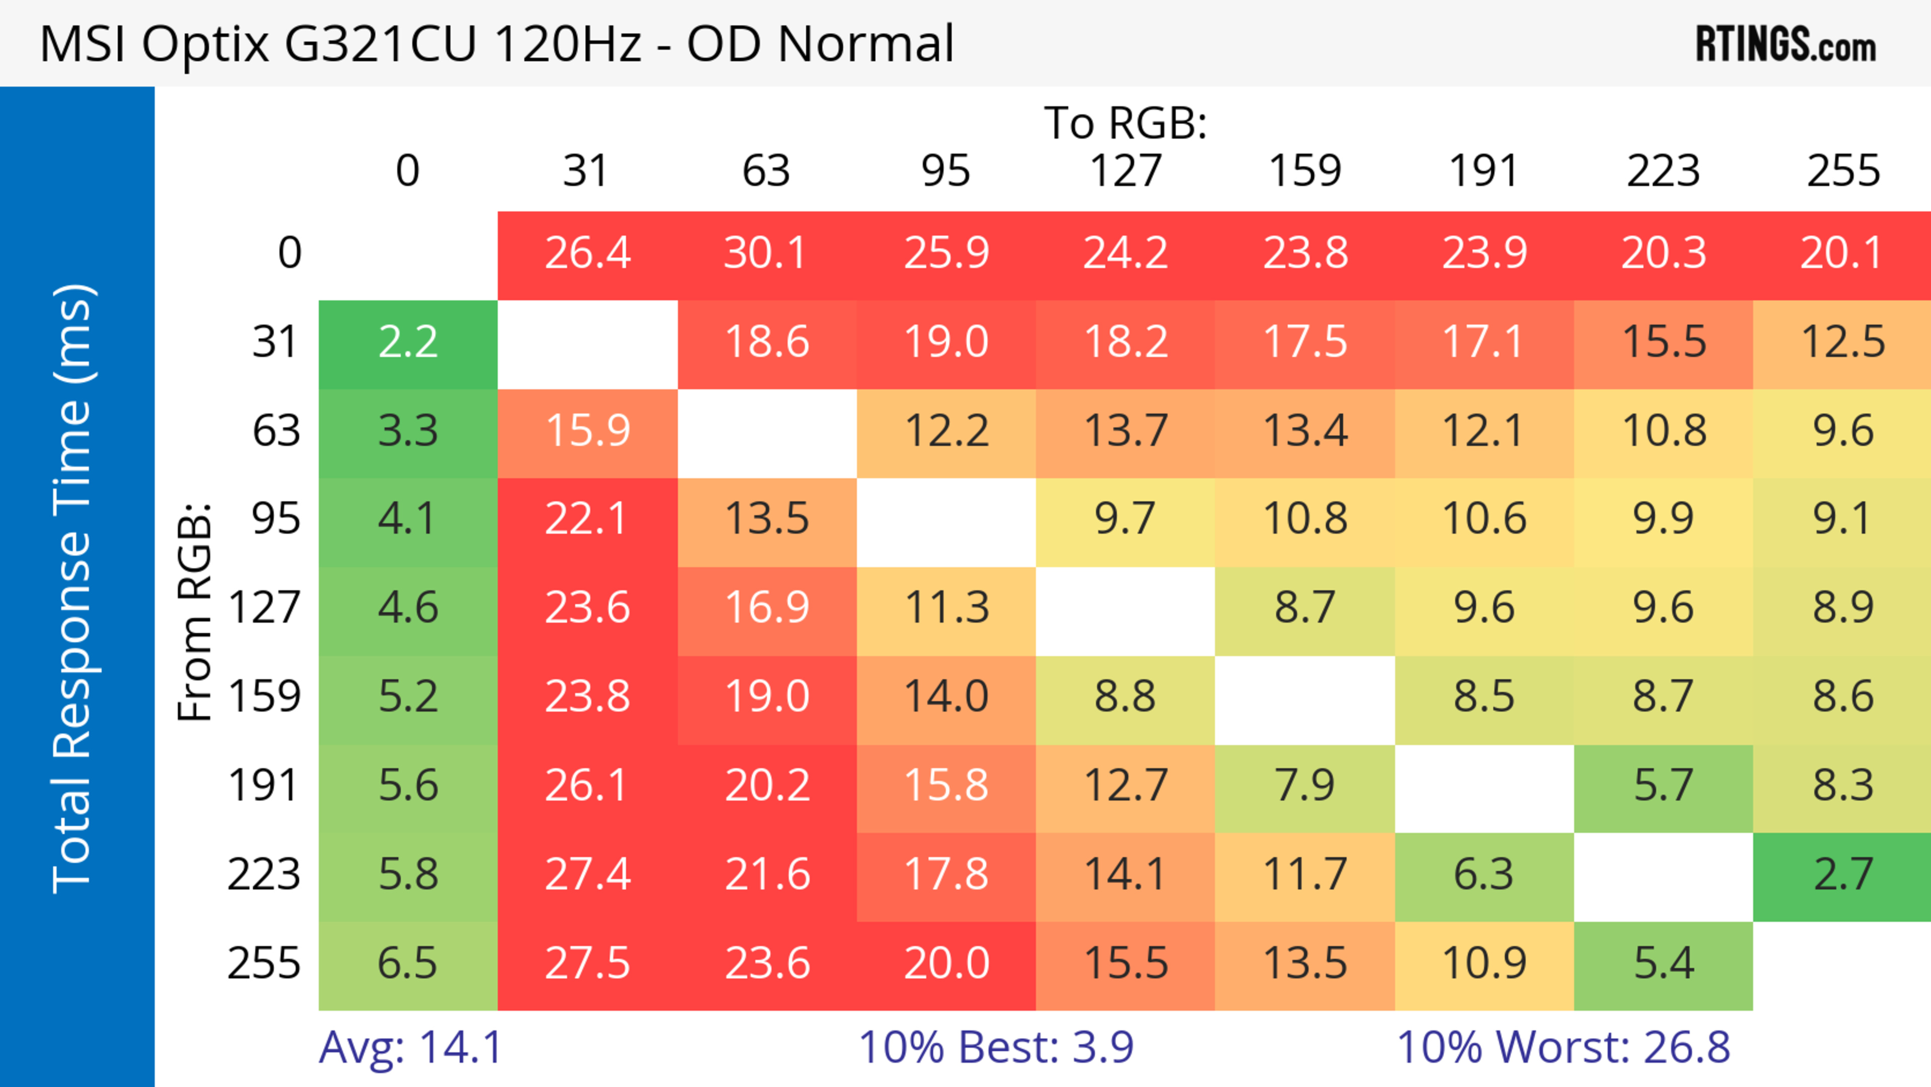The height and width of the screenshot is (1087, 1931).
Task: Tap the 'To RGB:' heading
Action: tap(1125, 123)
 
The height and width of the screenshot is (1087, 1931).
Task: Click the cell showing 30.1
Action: tap(766, 253)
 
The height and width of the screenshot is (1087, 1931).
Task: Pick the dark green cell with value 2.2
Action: tap(408, 343)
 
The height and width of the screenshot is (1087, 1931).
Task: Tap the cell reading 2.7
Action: tap(1842, 874)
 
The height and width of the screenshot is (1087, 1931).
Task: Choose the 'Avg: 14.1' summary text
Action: tap(410, 1047)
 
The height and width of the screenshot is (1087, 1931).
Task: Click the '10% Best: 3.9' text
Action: tap(996, 1047)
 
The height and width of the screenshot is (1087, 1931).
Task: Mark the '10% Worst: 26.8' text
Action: tap(1563, 1047)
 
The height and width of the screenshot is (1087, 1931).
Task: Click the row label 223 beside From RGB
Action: tap(264, 874)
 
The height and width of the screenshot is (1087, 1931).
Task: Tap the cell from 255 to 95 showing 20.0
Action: tap(946, 963)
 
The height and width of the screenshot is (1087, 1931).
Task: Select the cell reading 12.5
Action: tap(1842, 343)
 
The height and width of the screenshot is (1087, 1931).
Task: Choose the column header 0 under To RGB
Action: tap(408, 171)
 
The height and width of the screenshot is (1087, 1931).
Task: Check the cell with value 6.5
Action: tap(408, 963)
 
